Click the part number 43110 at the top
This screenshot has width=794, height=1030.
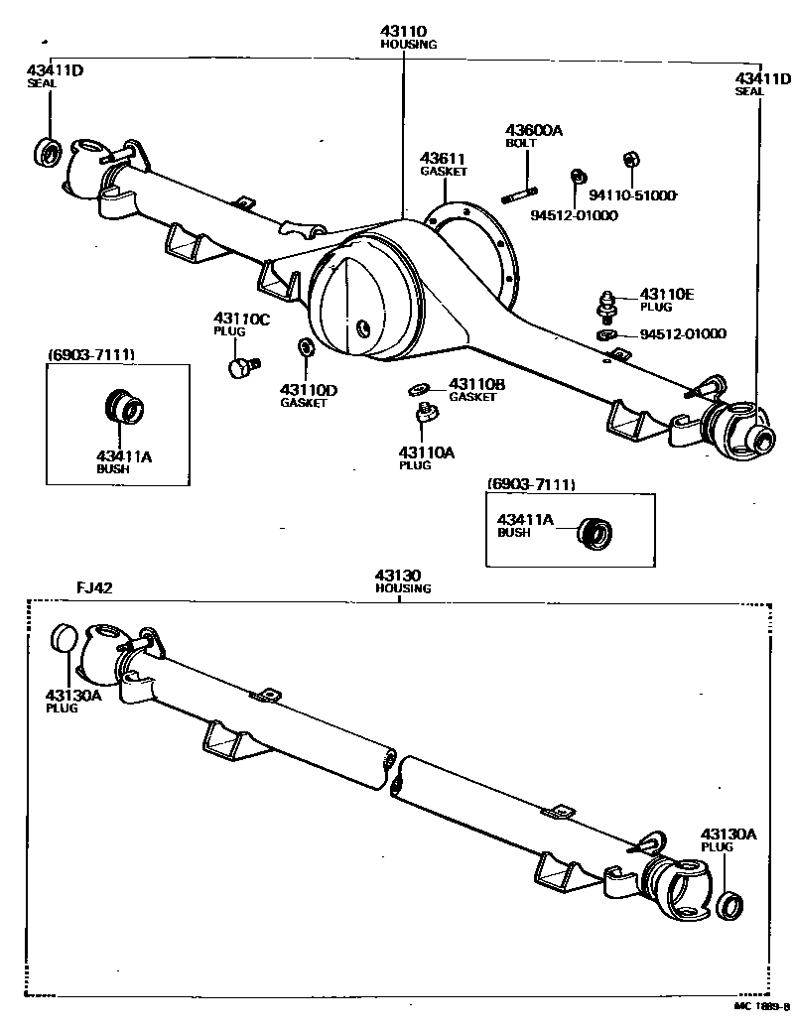tap(408, 32)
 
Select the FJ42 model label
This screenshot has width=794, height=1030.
tap(95, 587)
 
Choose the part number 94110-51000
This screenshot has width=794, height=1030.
tap(631, 195)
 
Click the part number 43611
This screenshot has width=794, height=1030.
tap(443, 158)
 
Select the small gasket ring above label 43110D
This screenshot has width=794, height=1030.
tap(304, 348)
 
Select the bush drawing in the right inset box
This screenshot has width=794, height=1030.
tap(595, 532)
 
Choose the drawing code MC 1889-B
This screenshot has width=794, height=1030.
tap(760, 1006)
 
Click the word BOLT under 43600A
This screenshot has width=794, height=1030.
tap(520, 143)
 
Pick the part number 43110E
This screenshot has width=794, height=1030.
tap(667, 294)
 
